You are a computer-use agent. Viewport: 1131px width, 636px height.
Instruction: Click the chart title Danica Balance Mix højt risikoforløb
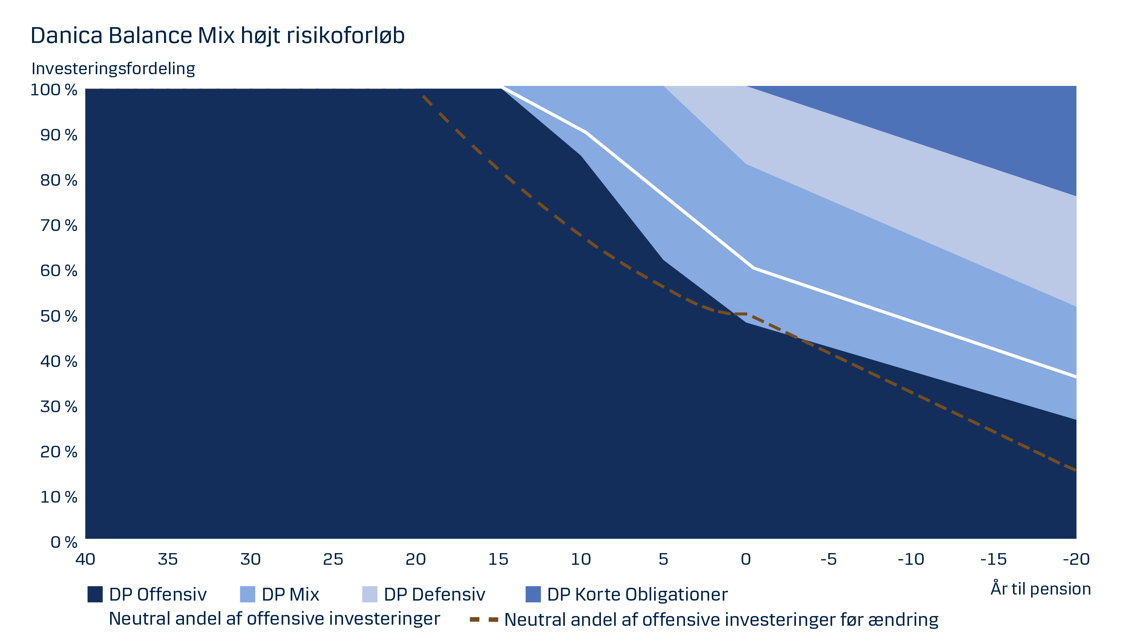tap(217, 35)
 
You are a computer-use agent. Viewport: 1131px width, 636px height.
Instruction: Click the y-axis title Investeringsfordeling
tap(113, 69)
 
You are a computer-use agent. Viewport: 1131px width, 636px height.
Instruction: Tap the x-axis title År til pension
tap(1040, 589)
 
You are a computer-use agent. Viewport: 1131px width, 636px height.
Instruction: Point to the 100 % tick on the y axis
tap(54, 90)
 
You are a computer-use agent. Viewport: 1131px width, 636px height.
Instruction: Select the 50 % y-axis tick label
tap(58, 316)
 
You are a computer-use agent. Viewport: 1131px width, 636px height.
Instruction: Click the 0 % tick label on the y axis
tap(64, 542)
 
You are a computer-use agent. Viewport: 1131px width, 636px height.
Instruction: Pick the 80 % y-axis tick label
tap(58, 180)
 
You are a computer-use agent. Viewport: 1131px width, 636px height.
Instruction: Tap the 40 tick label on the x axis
tap(85, 559)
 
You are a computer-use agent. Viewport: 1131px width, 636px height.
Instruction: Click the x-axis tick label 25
tap(333, 559)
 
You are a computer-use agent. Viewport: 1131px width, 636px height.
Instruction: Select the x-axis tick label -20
tap(1076, 559)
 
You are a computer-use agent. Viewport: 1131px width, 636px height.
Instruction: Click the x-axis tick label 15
tap(498, 559)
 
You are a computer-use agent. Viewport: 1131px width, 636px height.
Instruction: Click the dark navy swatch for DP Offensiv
tap(95, 594)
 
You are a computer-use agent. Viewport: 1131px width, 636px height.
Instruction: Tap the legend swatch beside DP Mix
tap(247, 594)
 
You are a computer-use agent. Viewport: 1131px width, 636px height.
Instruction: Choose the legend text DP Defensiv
tap(434, 594)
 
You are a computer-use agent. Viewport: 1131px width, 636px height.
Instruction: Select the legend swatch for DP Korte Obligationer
tap(533, 594)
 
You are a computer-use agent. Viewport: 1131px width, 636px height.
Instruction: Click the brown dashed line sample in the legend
tap(484, 620)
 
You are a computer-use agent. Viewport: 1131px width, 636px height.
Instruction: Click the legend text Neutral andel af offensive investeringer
tap(274, 618)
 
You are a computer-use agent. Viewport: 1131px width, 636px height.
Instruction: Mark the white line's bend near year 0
tap(753, 268)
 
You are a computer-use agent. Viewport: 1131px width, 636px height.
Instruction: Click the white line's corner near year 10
tap(586, 131)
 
